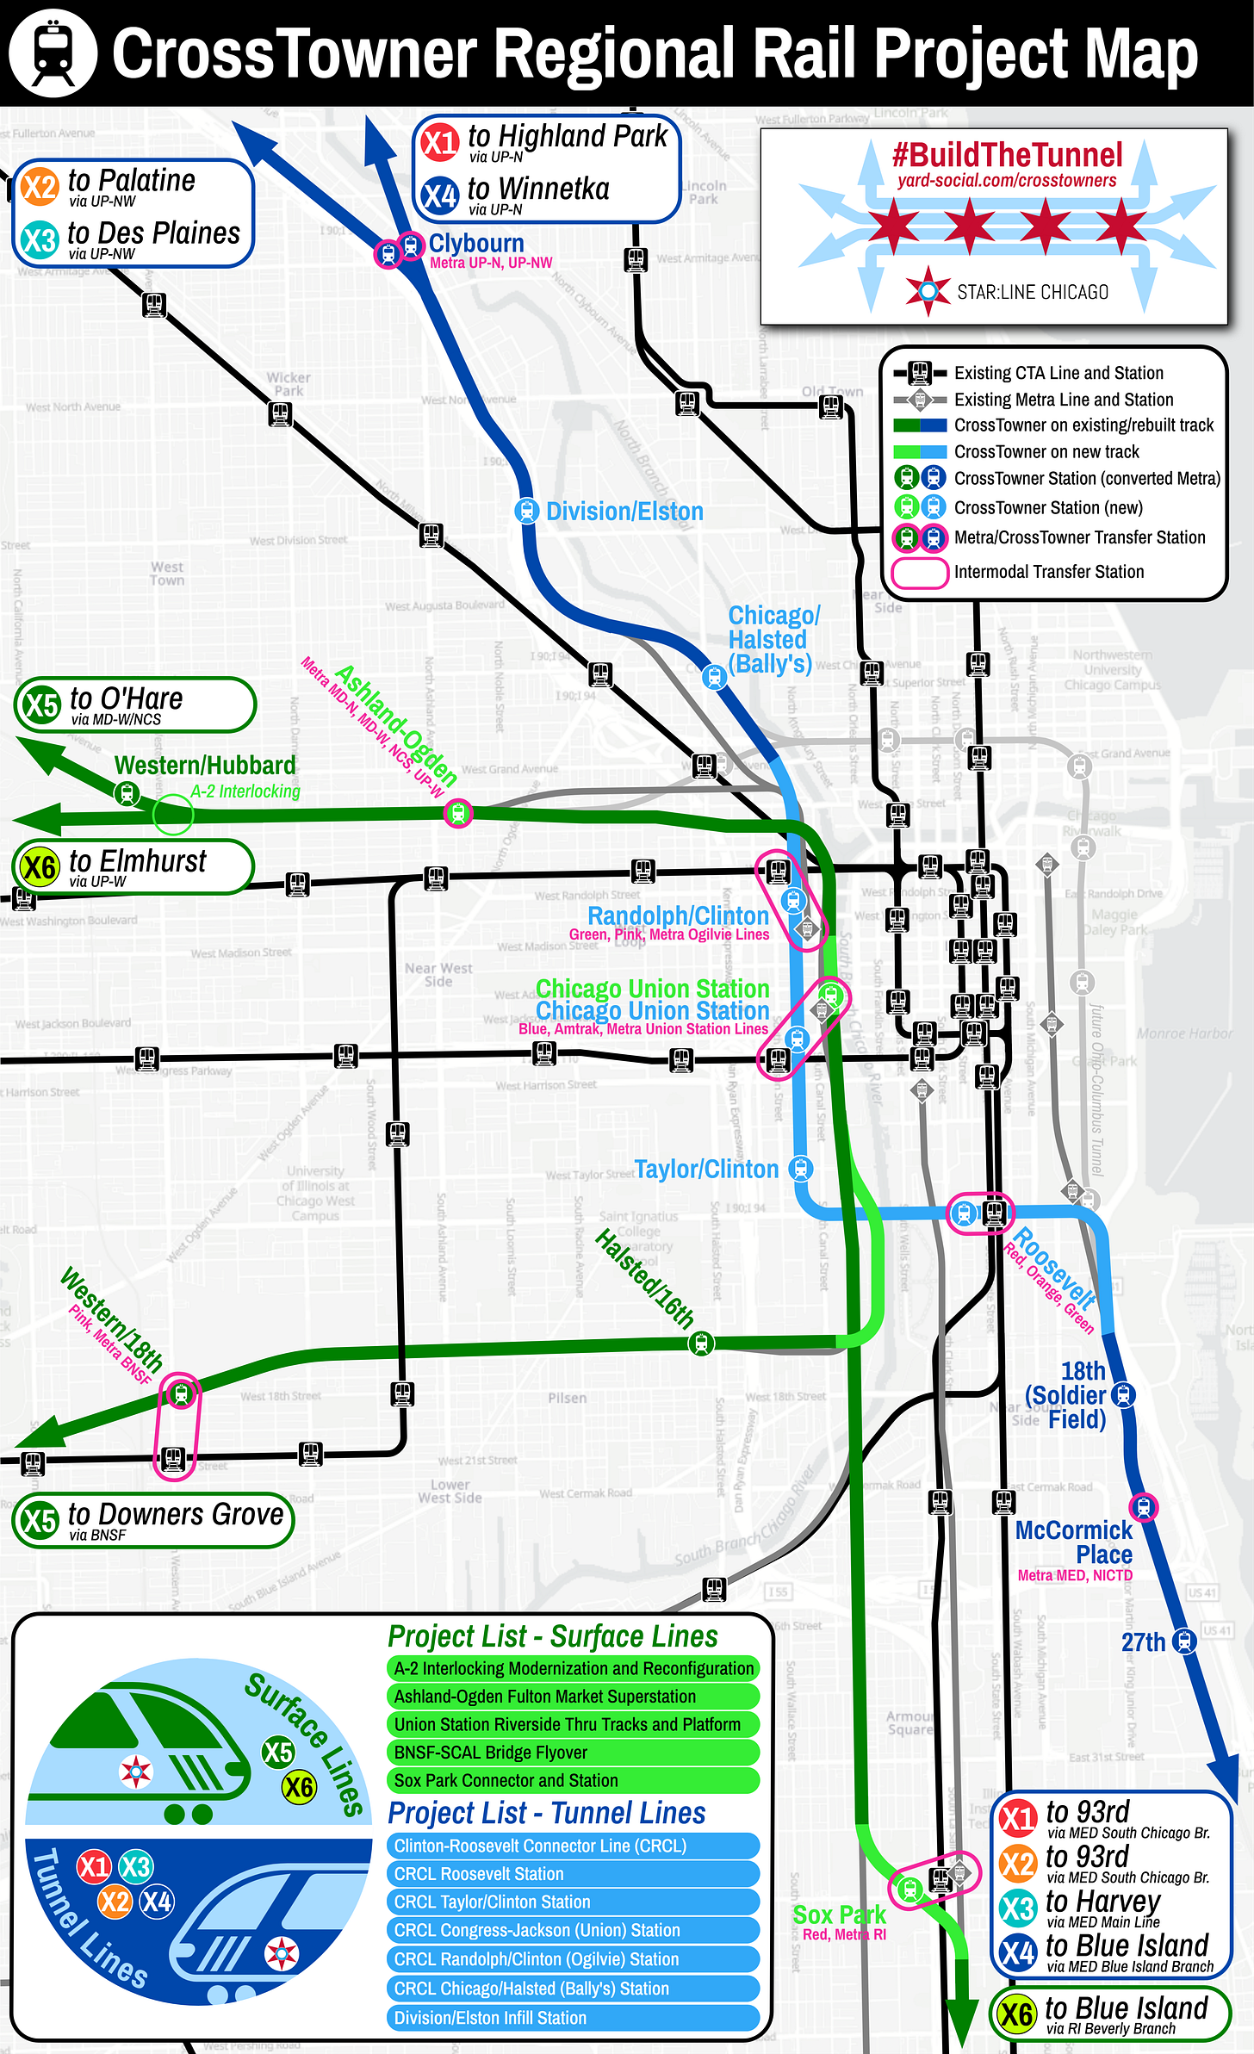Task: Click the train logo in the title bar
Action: click(53, 53)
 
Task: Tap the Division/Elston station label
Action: click(624, 512)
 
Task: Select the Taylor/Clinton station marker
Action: click(801, 1168)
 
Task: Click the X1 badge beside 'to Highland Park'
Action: click(440, 141)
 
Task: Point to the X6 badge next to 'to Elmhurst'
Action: click(40, 866)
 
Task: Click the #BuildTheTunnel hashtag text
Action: click(1007, 156)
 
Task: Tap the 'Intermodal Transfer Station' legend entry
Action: click(1048, 572)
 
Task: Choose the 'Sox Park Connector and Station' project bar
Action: click(573, 1780)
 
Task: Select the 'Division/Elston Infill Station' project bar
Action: click(573, 2017)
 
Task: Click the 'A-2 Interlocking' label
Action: click(245, 791)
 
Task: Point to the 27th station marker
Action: click(1185, 1641)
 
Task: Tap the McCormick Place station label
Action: click(1075, 1542)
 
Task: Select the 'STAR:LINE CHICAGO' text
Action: click(1033, 292)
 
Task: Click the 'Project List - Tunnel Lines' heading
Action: click(547, 1813)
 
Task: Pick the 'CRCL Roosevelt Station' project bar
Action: click(573, 1874)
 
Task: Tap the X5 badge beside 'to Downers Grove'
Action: click(40, 1521)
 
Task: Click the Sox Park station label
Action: click(839, 1914)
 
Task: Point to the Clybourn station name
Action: click(476, 243)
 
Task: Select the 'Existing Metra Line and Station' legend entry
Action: click(1063, 400)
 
